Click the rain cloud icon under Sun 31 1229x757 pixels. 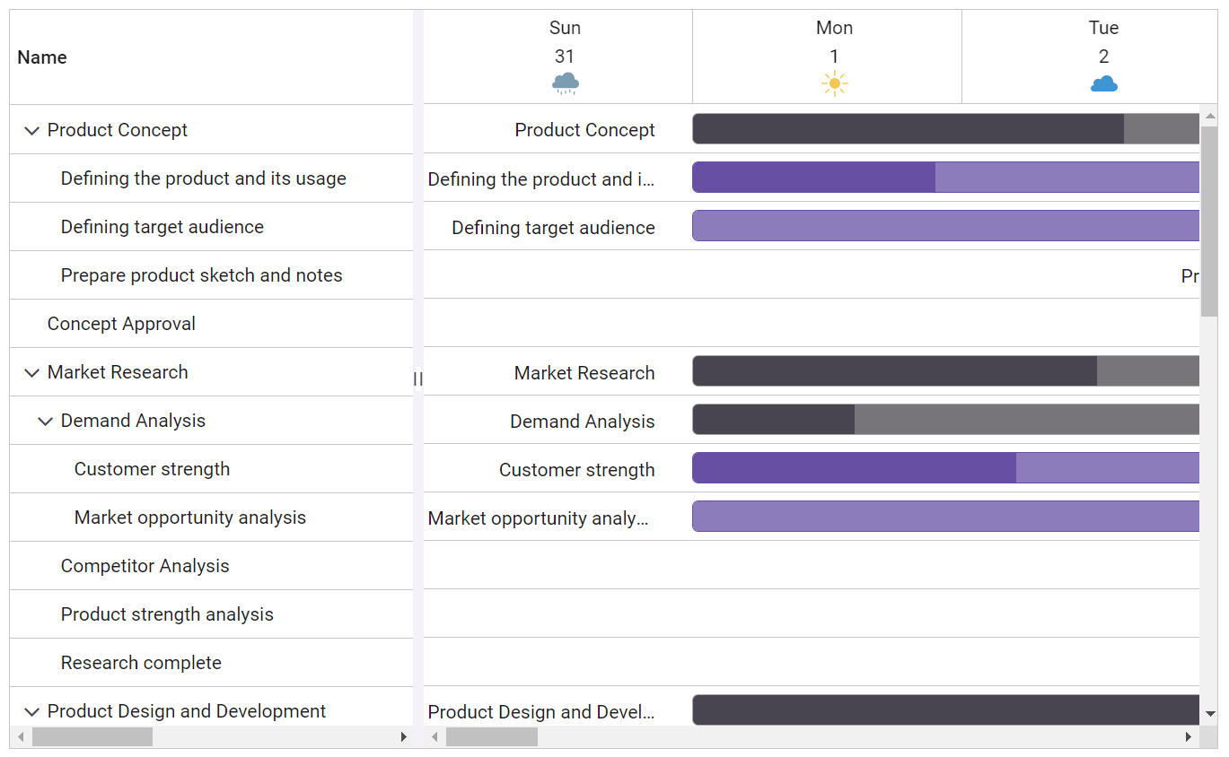point(566,84)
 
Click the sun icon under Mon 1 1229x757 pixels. point(834,84)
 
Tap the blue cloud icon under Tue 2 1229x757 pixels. point(1103,84)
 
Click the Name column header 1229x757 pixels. point(42,57)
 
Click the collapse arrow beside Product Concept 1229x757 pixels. point(31,131)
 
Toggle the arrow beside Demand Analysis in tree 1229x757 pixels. point(45,422)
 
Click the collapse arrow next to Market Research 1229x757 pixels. point(31,373)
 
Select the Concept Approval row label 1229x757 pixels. point(121,324)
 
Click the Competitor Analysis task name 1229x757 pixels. point(145,566)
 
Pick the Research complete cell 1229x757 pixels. point(141,663)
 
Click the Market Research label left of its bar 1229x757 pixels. point(584,373)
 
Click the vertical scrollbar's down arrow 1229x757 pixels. point(1209,714)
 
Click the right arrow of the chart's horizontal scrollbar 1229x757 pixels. point(1188,737)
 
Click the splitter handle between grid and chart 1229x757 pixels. point(417,379)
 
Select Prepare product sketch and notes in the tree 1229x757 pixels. point(201,275)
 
